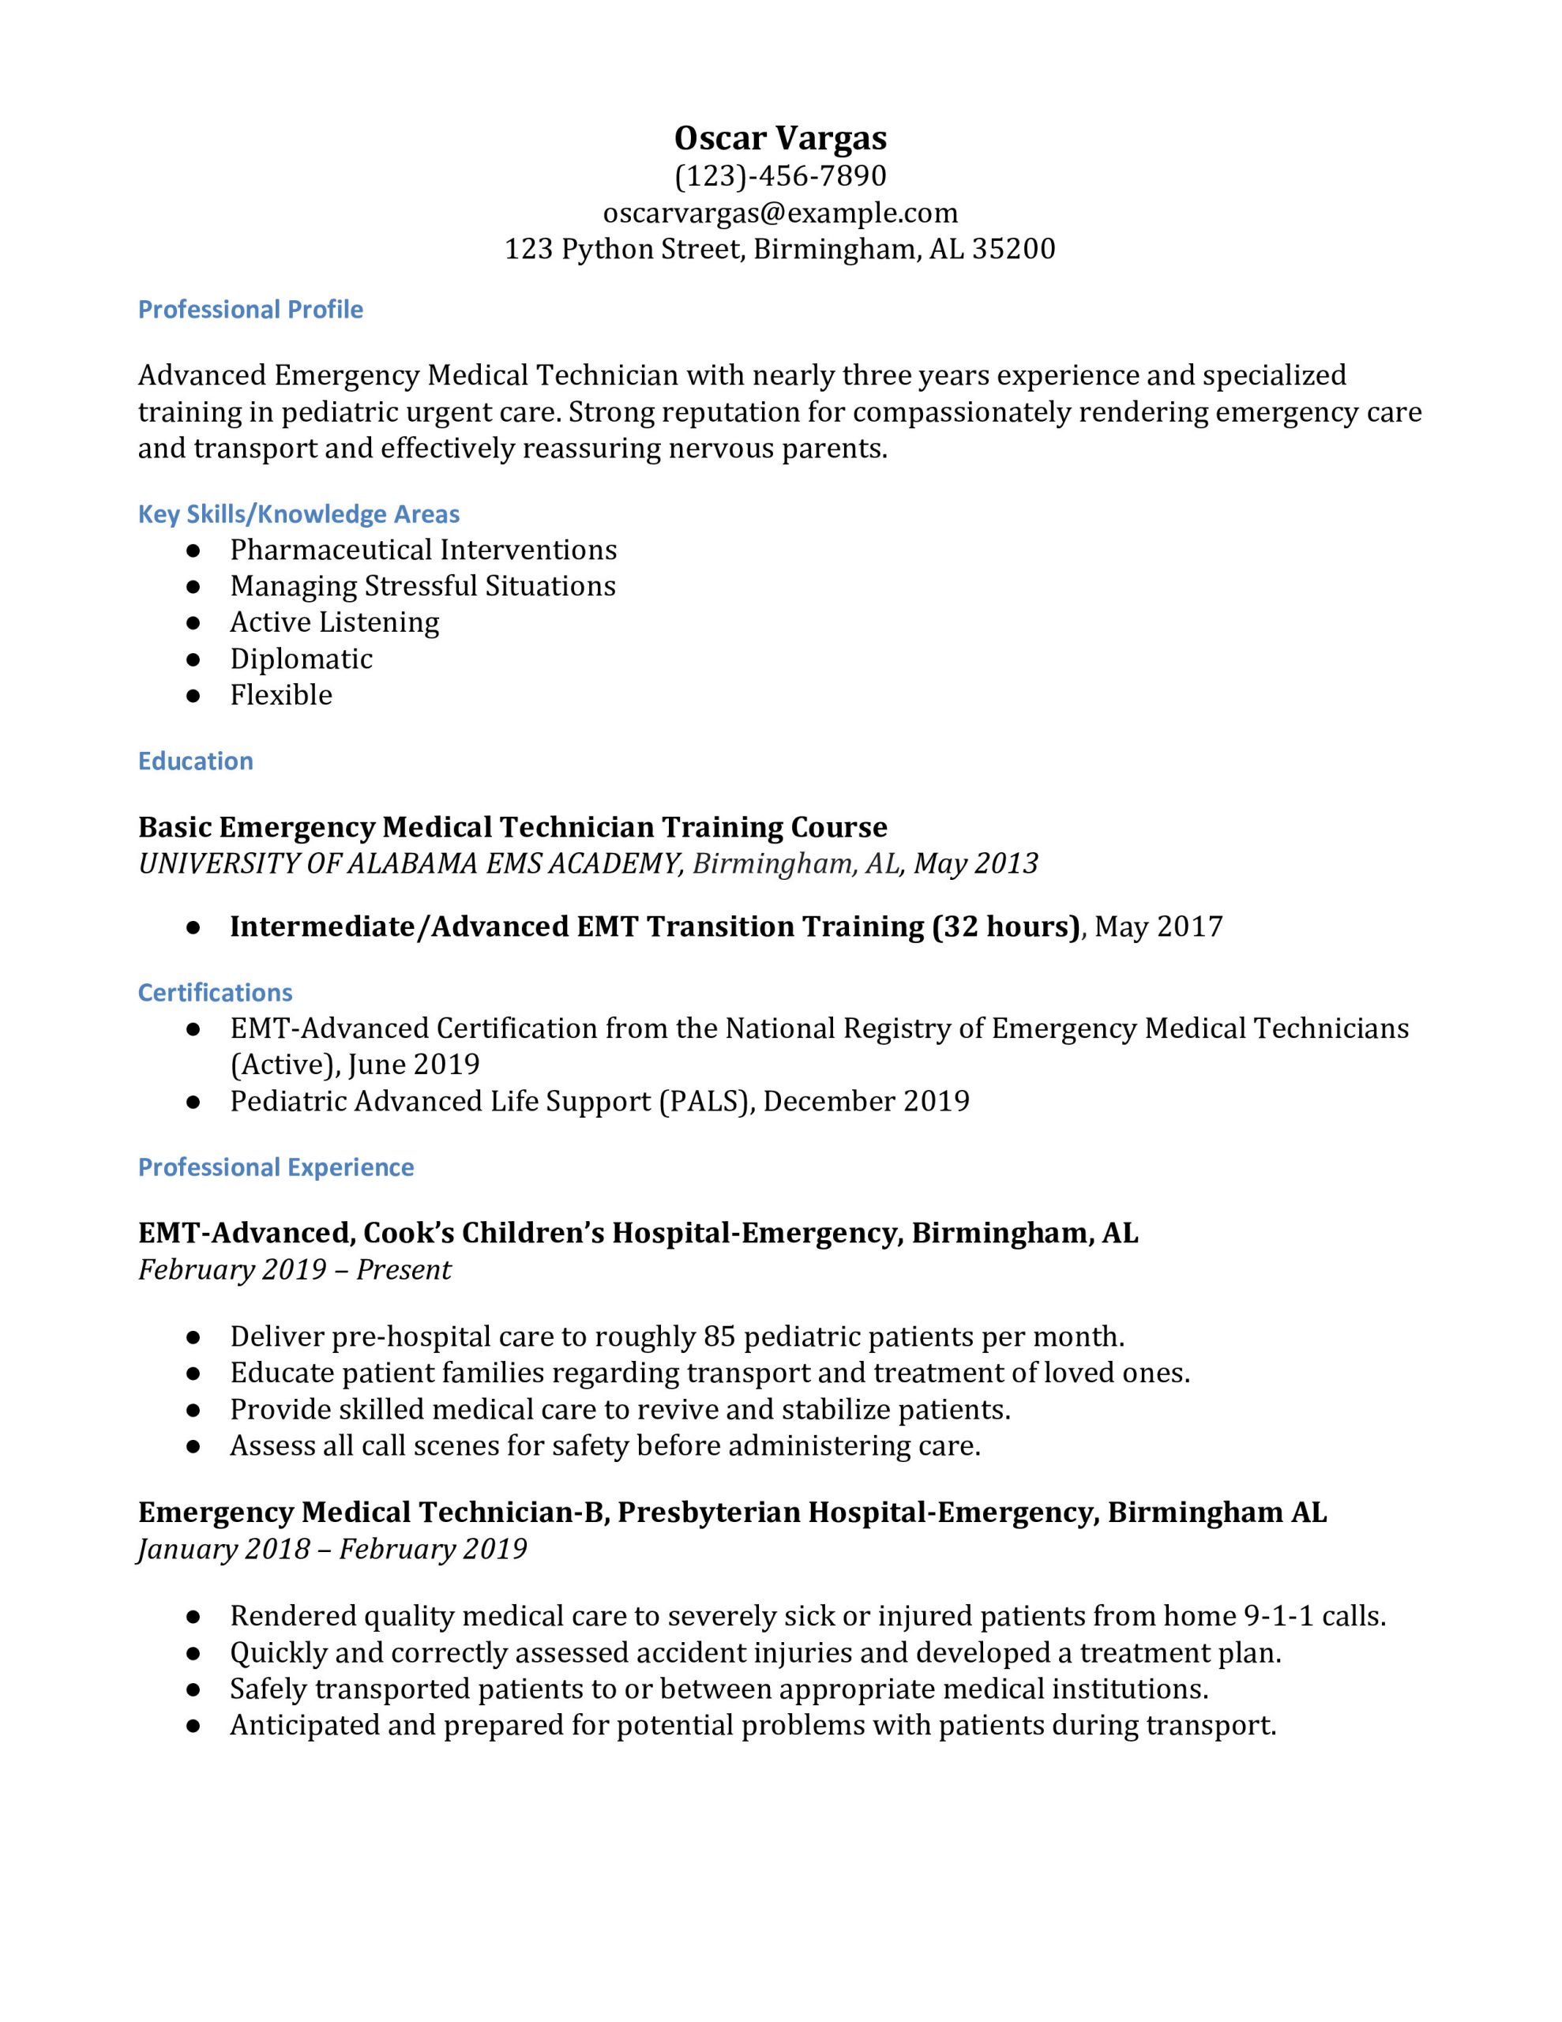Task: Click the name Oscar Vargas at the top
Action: pos(780,138)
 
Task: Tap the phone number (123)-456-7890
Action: pos(780,176)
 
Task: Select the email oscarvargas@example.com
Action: pos(780,213)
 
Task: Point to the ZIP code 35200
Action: pos(1013,249)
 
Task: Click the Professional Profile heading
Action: pos(250,310)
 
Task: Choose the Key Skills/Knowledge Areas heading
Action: pos(299,514)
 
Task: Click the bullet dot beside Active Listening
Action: pos(193,623)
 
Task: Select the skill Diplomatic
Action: pos(301,660)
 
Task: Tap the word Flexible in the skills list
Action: pos(280,695)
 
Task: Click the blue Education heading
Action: pos(195,761)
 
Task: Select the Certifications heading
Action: pos(215,993)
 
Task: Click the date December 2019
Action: pos(865,1102)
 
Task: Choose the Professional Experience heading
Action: pos(276,1167)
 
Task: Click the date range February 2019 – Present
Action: pos(295,1269)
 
